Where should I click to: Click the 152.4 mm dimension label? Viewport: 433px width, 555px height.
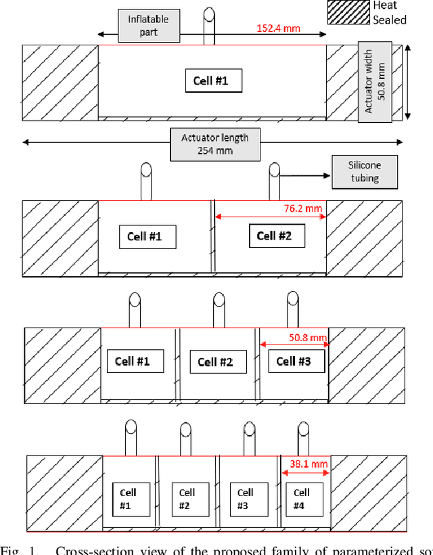click(x=279, y=29)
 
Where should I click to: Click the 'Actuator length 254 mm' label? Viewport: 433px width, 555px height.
click(x=215, y=144)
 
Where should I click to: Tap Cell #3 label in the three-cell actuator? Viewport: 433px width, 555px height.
click(x=294, y=361)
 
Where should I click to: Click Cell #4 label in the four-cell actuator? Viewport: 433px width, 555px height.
click(x=302, y=498)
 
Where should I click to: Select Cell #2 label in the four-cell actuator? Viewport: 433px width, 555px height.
click(x=187, y=499)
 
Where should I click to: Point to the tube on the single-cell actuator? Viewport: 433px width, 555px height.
click(x=210, y=26)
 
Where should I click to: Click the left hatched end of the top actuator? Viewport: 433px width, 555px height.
click(x=60, y=83)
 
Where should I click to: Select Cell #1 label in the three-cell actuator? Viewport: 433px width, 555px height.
click(x=135, y=361)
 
